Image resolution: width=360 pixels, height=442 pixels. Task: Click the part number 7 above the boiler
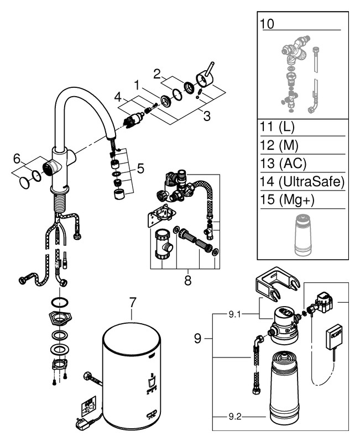pyautogui.click(x=132, y=303)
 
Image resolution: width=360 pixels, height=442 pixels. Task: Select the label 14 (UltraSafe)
pyautogui.click(x=302, y=181)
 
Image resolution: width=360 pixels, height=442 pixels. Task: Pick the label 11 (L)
pyautogui.click(x=278, y=127)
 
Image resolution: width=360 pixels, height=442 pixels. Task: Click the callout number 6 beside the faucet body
pyautogui.click(x=17, y=159)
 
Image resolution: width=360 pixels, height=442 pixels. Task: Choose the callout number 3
pyautogui.click(x=207, y=116)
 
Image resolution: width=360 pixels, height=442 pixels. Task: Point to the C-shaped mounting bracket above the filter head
pyautogui.click(x=273, y=281)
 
